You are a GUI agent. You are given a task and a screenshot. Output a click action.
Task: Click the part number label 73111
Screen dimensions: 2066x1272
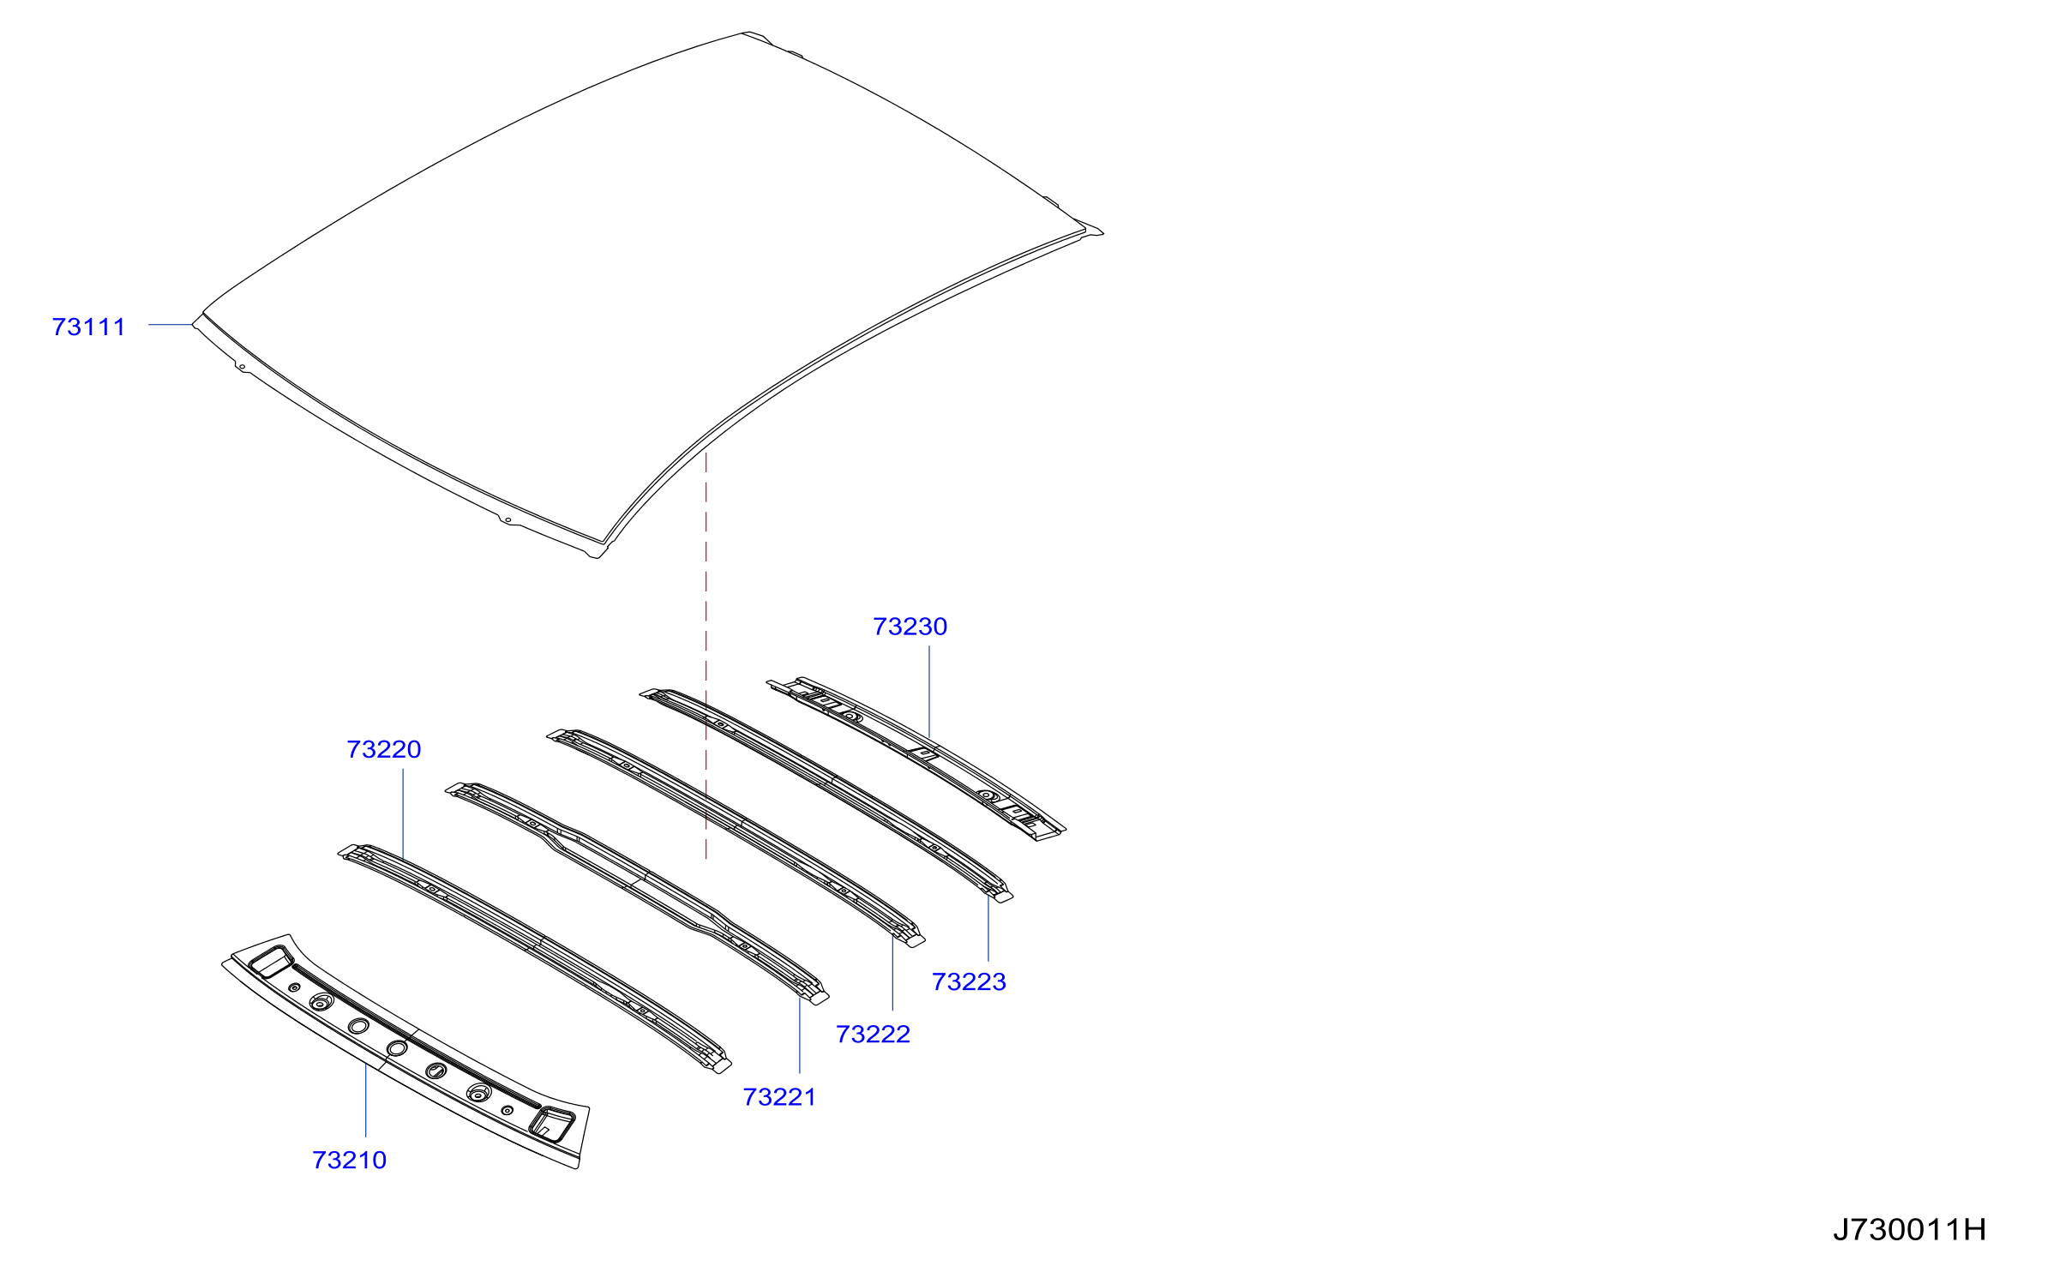tap(88, 327)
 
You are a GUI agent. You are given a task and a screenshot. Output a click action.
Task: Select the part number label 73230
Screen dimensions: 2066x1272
tap(910, 627)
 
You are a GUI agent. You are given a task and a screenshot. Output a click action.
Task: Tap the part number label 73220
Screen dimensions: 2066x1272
tap(383, 749)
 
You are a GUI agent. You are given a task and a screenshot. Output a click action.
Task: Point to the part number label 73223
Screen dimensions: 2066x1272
tap(969, 981)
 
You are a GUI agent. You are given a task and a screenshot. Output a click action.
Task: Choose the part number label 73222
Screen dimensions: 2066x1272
tap(873, 1034)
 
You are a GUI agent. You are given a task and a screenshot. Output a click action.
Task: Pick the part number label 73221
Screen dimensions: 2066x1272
tap(779, 1097)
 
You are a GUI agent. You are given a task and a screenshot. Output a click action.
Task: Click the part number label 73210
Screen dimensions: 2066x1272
tap(349, 1160)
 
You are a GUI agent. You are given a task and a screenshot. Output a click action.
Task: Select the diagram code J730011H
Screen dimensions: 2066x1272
tap(1909, 1230)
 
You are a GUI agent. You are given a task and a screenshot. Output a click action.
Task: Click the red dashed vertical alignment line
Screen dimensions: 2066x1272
tap(706, 656)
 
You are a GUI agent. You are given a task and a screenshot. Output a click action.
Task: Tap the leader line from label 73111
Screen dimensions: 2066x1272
tap(171, 325)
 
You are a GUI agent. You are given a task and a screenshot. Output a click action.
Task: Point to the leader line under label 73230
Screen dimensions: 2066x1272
tap(929, 692)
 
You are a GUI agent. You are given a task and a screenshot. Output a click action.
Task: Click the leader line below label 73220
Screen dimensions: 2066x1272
tap(403, 814)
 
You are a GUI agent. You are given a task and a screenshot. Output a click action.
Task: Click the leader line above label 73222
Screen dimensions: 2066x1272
tap(892, 975)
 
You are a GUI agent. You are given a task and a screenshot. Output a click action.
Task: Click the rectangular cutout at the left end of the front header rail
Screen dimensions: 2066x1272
tap(271, 962)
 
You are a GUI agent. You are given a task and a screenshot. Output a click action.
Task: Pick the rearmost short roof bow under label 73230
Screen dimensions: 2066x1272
tap(916, 758)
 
